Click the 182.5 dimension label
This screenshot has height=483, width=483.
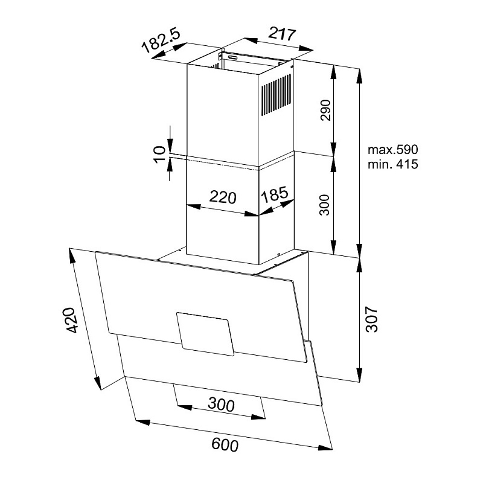pos(161,40)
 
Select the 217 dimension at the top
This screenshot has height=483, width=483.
pos(282,34)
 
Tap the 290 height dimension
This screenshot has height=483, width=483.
pos(325,110)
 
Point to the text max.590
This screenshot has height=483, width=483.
pos(393,150)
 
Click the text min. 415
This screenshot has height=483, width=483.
pos(393,164)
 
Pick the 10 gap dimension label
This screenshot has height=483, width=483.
pos(160,155)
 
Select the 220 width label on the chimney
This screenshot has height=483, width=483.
pos(223,197)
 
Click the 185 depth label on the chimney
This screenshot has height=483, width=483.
pos(275,195)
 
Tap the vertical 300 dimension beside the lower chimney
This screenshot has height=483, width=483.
pos(324,205)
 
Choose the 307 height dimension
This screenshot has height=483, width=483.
pos(371,319)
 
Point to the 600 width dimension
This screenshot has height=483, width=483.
pos(225,445)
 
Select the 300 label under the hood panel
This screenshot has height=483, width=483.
pos(221,404)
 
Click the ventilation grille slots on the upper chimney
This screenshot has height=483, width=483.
pos(277,95)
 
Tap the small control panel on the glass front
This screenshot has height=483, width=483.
pos(205,334)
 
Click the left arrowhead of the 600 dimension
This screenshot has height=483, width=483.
pos(142,422)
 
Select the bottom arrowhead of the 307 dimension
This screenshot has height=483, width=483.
pos(359,374)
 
